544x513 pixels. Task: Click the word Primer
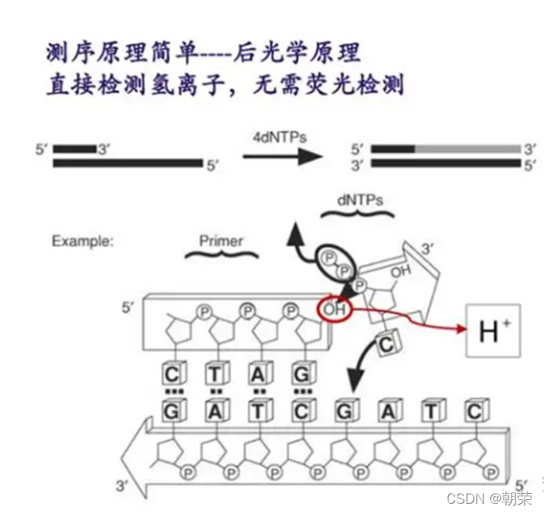tap(221, 241)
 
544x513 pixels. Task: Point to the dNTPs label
tap(360, 199)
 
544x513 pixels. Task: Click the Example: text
tap(82, 241)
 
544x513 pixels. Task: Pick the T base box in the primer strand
tap(215, 376)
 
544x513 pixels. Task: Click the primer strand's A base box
tap(259, 376)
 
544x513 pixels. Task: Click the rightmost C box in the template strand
tap(475, 412)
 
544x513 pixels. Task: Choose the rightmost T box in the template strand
tap(432, 412)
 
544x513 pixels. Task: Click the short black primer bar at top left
tap(74, 148)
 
